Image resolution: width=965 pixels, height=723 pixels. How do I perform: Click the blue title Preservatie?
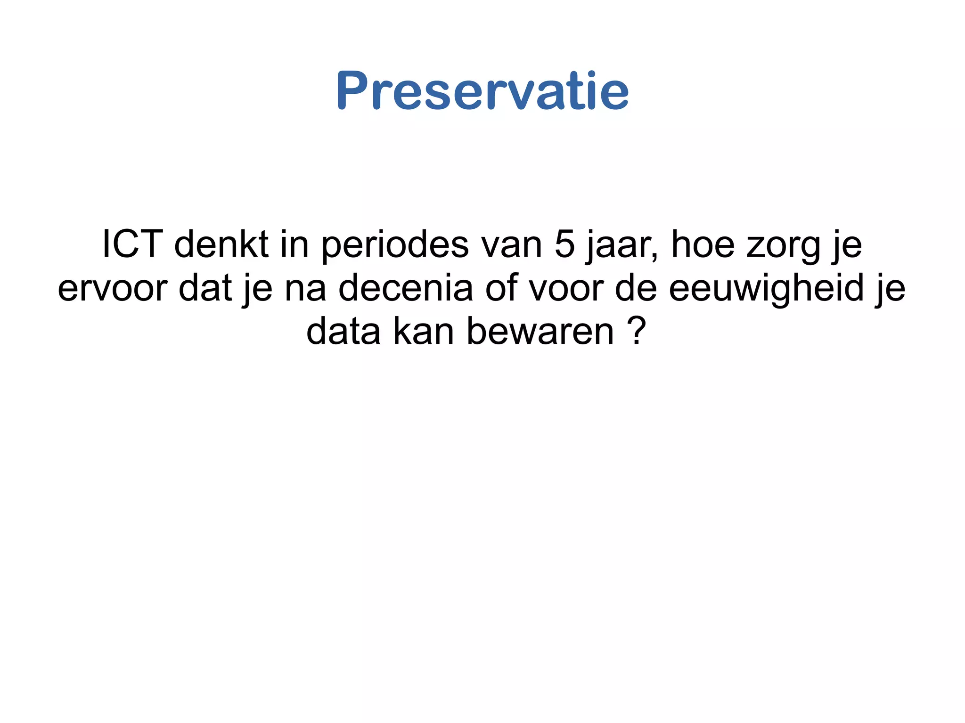[482, 90]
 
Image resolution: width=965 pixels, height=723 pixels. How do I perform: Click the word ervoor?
[112, 288]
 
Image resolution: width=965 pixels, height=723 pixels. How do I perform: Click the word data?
[343, 332]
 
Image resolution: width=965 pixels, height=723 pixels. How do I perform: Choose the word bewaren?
[540, 332]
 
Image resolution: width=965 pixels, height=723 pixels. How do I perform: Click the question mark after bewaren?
[636, 331]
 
